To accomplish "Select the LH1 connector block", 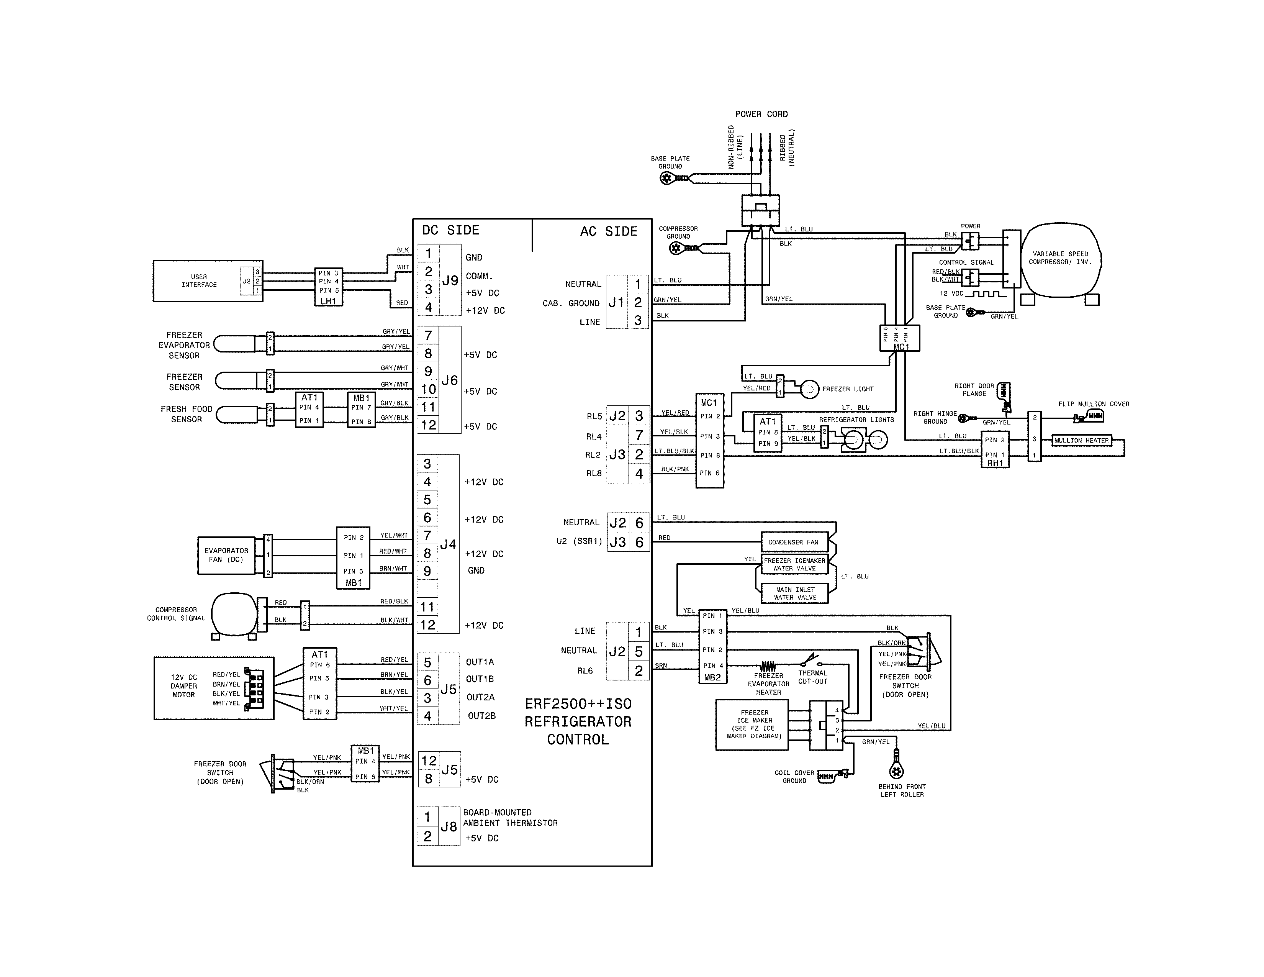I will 328,287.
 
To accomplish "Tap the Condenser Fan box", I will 794,542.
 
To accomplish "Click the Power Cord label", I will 761,114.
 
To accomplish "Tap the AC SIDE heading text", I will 608,231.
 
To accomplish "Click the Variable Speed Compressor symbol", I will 1060,258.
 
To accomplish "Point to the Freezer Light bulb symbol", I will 809,389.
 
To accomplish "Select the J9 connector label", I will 450,281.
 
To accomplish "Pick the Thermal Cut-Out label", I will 812,677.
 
